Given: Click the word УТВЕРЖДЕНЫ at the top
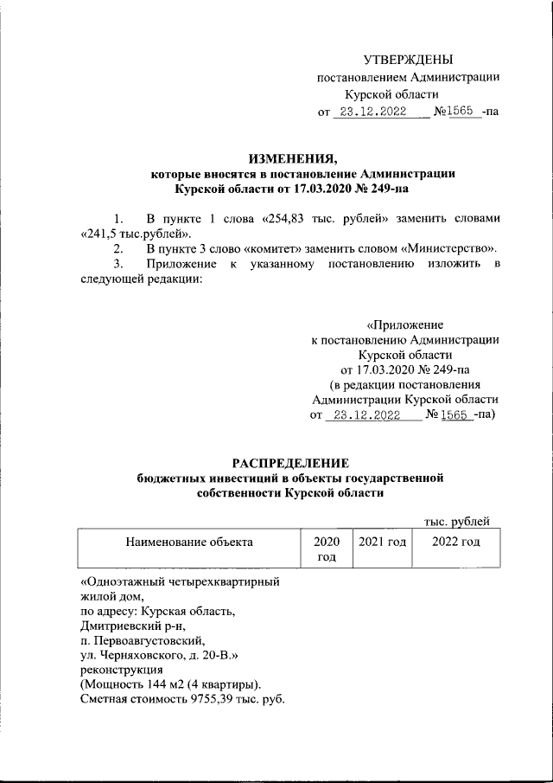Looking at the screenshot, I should click(407, 59).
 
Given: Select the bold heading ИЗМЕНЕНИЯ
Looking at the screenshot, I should click(290, 157).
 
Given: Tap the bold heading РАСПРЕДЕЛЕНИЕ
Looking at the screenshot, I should click(289, 460).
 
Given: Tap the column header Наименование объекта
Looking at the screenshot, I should click(189, 542).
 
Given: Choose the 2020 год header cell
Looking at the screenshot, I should click(325, 549).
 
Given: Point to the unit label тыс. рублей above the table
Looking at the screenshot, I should click(456, 519).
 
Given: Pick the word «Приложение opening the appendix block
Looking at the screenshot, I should click(404, 324).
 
